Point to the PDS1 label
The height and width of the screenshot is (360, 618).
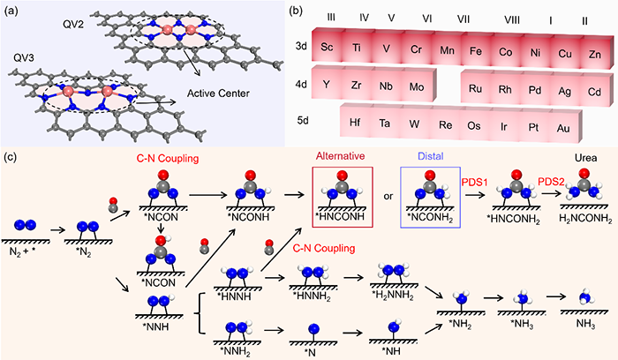[474, 178]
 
